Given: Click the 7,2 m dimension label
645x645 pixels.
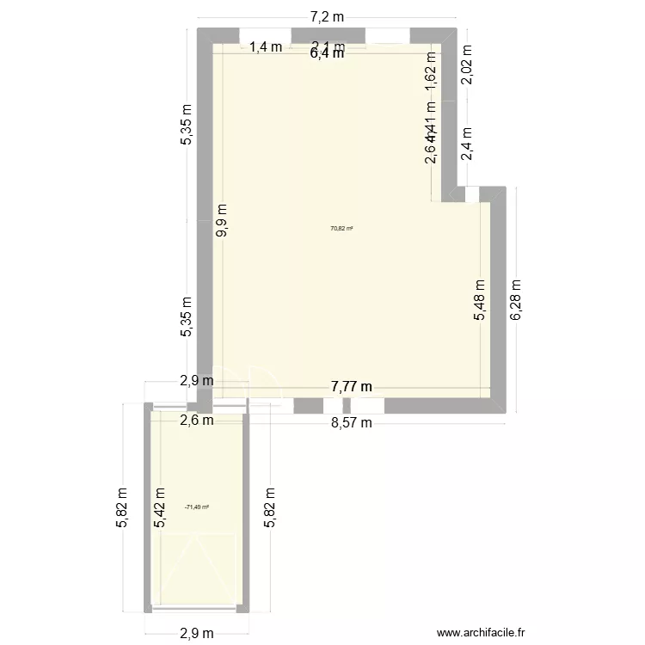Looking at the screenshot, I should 327,15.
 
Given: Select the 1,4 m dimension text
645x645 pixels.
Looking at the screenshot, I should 266,47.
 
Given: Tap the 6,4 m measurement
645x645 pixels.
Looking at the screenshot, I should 327,53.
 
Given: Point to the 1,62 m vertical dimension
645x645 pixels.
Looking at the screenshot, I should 431,70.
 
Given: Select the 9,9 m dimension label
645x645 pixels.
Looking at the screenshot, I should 223,220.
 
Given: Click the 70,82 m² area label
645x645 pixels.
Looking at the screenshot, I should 342,229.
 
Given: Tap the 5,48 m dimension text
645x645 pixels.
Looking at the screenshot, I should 480,301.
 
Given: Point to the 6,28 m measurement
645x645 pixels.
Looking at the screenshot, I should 516,300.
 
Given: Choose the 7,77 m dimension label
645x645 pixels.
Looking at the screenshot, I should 352,387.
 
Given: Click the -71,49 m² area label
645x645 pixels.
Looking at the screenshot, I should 197,507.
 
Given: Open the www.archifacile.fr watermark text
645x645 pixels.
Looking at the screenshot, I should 481,632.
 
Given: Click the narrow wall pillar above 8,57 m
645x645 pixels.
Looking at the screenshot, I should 346,406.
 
